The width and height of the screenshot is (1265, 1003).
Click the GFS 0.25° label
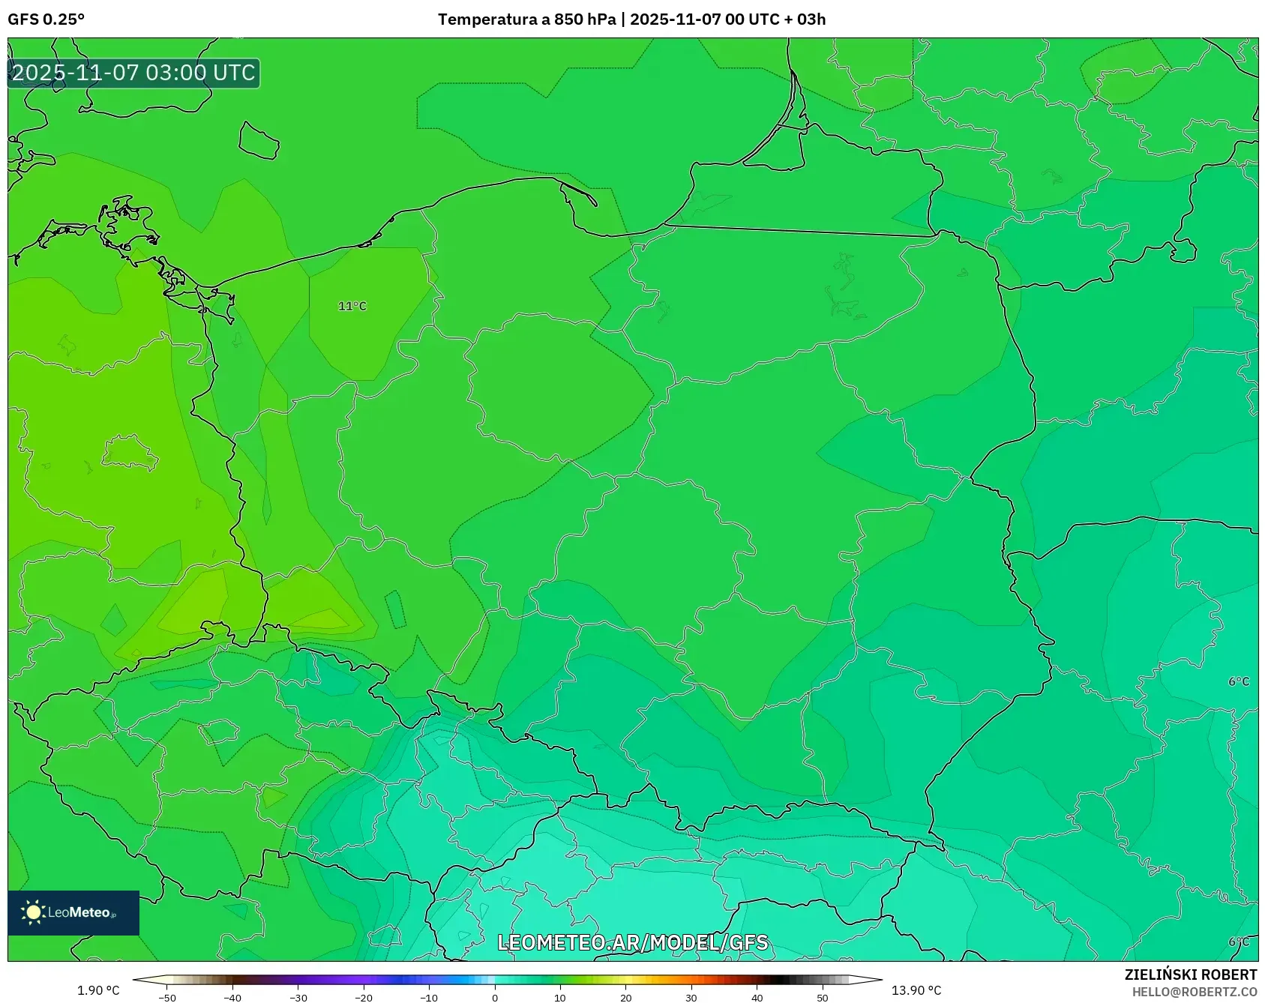(x=46, y=19)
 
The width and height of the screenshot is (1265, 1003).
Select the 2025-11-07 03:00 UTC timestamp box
(x=133, y=73)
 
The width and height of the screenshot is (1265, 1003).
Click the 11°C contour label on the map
(x=352, y=306)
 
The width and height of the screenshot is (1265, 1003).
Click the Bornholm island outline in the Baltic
(x=259, y=141)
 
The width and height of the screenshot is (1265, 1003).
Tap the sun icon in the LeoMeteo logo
(x=33, y=912)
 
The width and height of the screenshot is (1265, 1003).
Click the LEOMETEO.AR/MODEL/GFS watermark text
(x=633, y=942)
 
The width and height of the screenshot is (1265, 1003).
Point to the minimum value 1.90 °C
(x=98, y=990)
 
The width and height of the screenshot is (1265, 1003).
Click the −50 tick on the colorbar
(x=167, y=998)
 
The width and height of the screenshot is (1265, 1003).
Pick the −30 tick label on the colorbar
(x=298, y=998)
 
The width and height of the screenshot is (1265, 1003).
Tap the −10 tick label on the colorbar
(x=429, y=998)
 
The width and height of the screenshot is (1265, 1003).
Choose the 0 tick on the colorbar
(x=495, y=998)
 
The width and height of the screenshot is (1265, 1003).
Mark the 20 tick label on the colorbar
(x=625, y=998)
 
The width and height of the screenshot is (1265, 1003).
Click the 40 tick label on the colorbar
(x=757, y=998)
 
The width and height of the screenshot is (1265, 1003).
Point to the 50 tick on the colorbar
(x=823, y=998)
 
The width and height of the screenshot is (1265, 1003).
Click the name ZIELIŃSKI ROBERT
(x=1190, y=975)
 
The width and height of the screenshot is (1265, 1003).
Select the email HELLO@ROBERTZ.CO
(x=1194, y=992)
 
